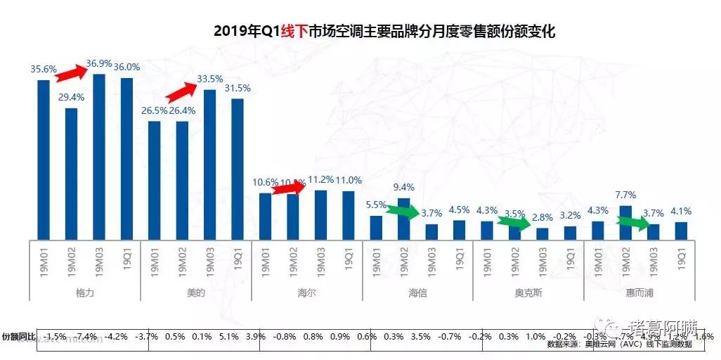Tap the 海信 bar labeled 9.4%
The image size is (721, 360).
pyautogui.click(x=404, y=219)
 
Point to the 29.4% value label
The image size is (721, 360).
pyautogui.click(x=71, y=98)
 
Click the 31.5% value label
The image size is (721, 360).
pyautogui.click(x=238, y=89)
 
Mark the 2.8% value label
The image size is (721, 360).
pyautogui.click(x=543, y=218)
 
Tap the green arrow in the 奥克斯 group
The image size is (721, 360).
pyautogui.click(x=514, y=224)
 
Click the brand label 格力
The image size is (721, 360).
pyautogui.click(x=84, y=292)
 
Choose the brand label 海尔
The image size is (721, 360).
pyautogui.click(x=306, y=292)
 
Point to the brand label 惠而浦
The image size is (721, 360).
pyautogui.click(x=639, y=292)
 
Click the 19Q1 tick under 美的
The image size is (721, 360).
pyautogui.click(x=238, y=259)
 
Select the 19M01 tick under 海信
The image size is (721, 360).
pyautogui.click(x=376, y=259)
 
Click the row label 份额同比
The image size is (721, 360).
pyautogui.click(x=17, y=337)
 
